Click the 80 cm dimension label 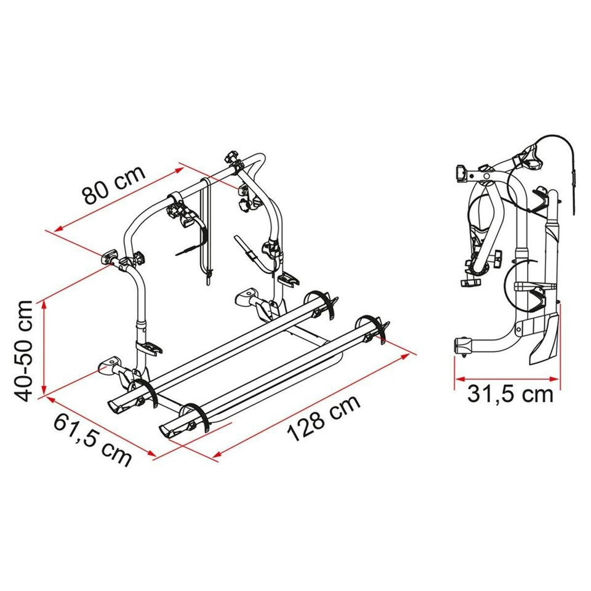pyautogui.click(x=114, y=185)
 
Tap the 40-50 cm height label pyautogui.click(x=23, y=352)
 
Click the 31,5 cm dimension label pyautogui.click(x=510, y=395)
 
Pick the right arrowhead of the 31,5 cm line pyautogui.click(x=553, y=379)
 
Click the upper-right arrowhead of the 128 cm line pyautogui.click(x=405, y=356)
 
